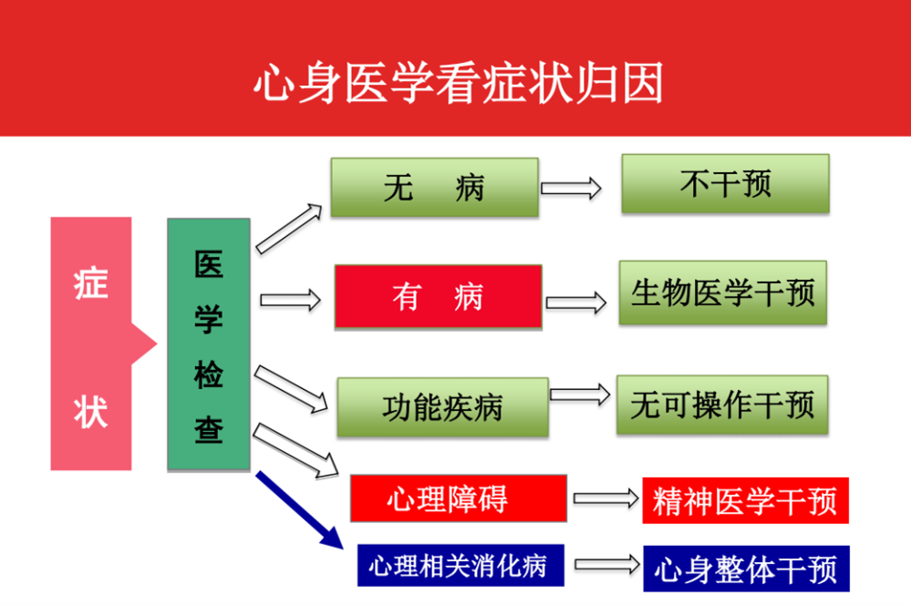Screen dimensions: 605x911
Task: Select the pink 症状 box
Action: [91, 344]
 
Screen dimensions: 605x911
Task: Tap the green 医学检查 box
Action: [209, 344]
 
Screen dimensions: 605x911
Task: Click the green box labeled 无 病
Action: [434, 188]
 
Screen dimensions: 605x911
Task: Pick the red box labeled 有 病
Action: [438, 296]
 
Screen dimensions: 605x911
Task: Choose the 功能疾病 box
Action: [442, 406]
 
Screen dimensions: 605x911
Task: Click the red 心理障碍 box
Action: [458, 498]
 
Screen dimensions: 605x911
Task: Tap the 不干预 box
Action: [725, 184]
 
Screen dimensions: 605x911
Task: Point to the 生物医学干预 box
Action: [722, 293]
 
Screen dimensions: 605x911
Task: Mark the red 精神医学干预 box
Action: [745, 500]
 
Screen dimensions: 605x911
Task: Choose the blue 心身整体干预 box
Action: [745, 569]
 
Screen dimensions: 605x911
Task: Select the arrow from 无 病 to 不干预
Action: [571, 189]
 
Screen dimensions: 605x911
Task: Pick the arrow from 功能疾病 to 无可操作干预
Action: [580, 395]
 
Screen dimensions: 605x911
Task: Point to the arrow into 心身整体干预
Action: [606, 565]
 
